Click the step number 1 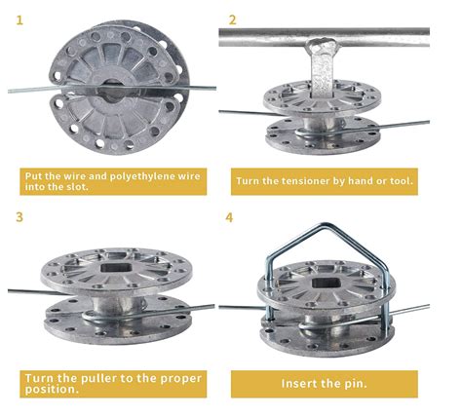click(19, 20)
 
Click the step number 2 click(232, 20)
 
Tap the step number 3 click(19, 217)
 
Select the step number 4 click(229, 217)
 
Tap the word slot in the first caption click(78, 187)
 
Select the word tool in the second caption click(401, 181)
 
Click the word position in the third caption click(52, 389)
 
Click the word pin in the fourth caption click(358, 384)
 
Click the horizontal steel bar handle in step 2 click(324, 37)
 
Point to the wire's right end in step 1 click(214, 88)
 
